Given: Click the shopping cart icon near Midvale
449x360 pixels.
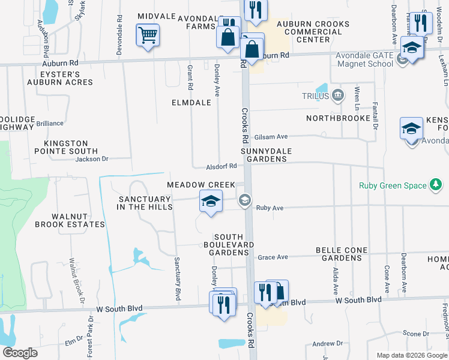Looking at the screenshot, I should coord(147,35).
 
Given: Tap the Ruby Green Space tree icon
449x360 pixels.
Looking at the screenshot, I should coord(436,185).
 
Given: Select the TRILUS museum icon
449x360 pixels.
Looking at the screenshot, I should coord(338,95).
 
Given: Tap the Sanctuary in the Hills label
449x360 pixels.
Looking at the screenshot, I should coord(145,203).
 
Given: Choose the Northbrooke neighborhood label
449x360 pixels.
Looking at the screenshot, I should coord(339,118).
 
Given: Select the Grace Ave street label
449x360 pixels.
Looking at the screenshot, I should coord(273,257).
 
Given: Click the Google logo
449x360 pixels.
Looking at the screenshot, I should coord(20,353).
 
